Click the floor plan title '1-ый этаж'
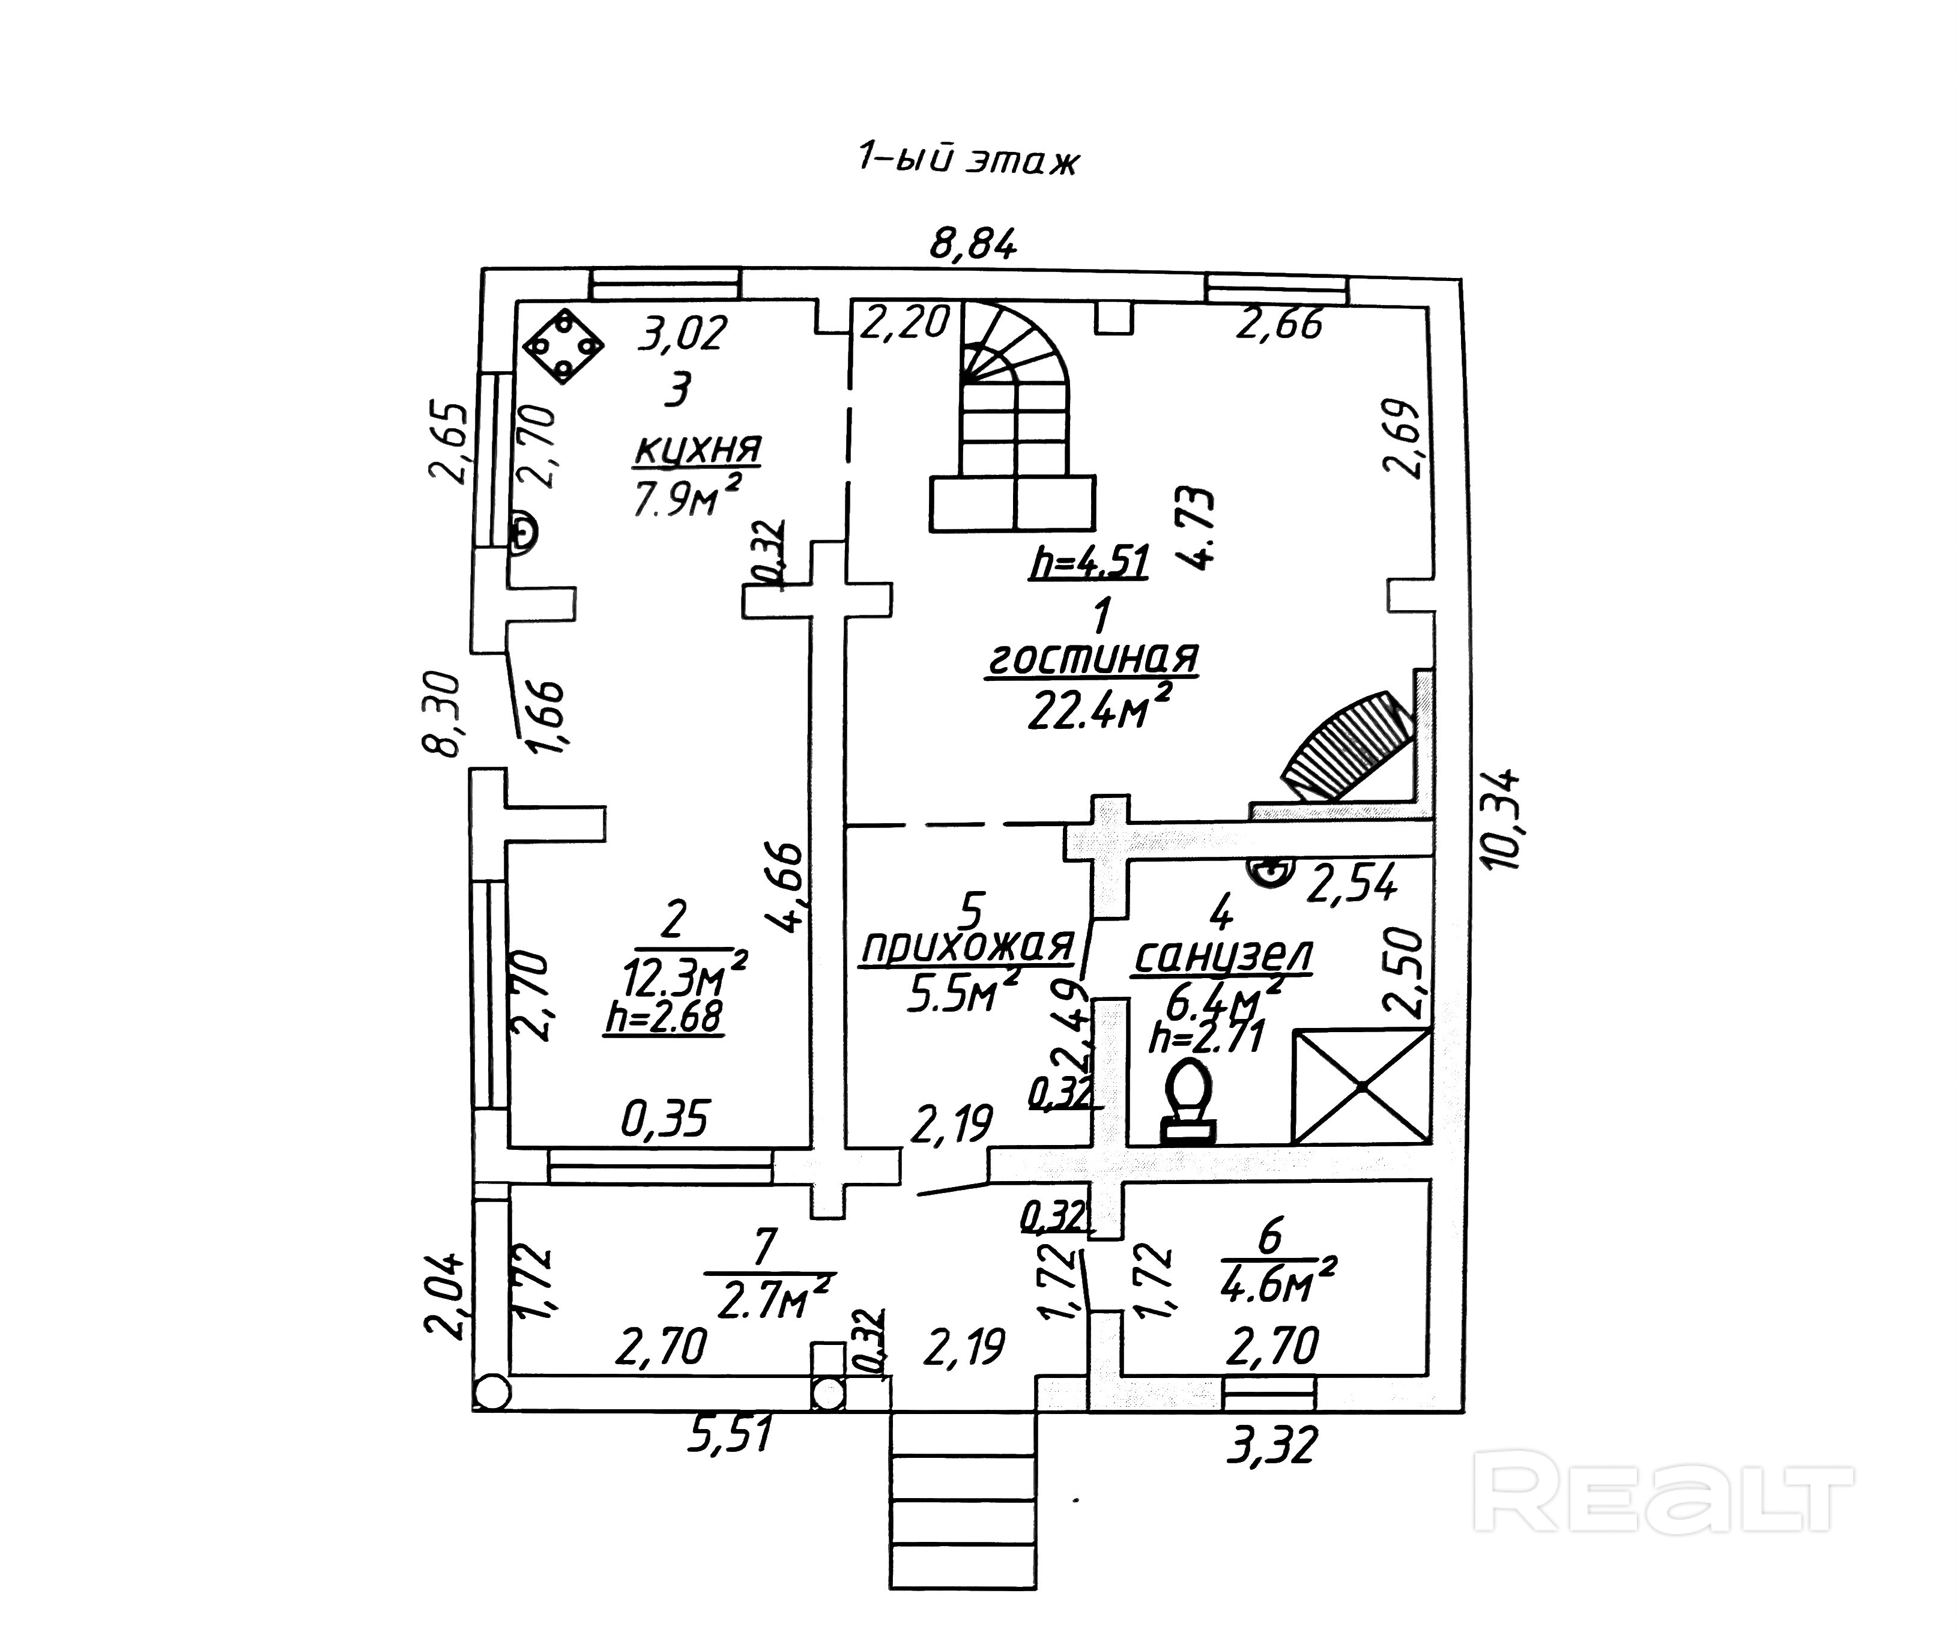point(967,160)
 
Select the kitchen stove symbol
point(563,346)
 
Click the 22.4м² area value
point(1098,710)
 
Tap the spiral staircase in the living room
point(1013,419)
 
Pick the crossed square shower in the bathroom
point(1361,1086)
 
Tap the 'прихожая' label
point(967,947)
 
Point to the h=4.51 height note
point(1089,562)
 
